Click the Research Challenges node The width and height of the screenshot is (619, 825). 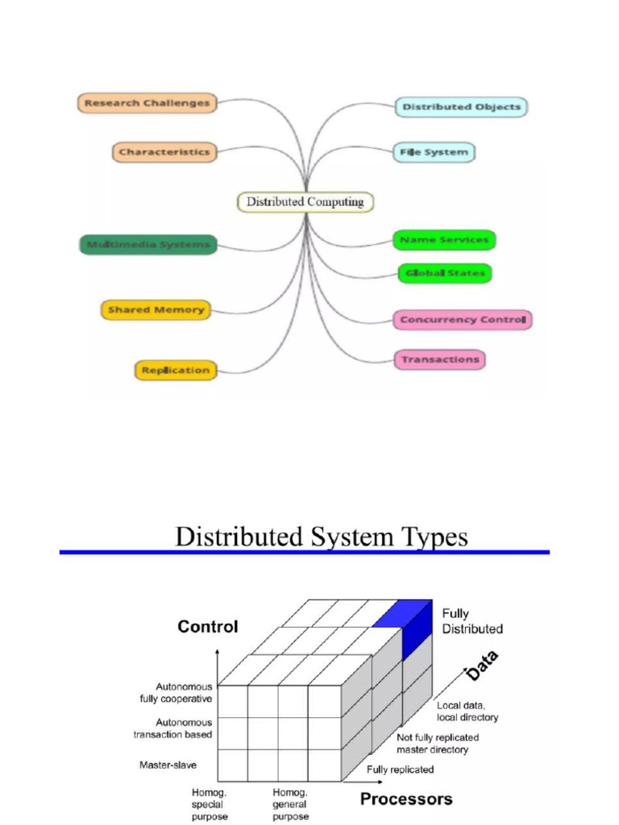[147, 103]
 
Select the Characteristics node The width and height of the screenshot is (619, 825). [164, 151]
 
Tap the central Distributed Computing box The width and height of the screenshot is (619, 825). [305, 201]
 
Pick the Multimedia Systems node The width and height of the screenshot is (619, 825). [148, 244]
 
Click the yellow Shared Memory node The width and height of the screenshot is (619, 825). [156, 309]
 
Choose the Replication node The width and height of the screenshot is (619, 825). [175, 371]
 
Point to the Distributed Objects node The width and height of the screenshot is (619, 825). [461, 107]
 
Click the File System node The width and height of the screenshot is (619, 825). [434, 152]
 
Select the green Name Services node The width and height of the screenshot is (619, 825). [444, 240]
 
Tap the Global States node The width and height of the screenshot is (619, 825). [444, 273]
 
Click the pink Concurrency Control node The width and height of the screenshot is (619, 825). [463, 320]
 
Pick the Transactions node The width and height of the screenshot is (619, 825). [440, 359]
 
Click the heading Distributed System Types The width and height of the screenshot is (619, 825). [322, 537]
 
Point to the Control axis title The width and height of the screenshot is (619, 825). [208, 627]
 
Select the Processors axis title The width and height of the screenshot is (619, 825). [406, 799]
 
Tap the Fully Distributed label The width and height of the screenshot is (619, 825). [472, 621]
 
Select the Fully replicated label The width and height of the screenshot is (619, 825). [401, 769]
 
